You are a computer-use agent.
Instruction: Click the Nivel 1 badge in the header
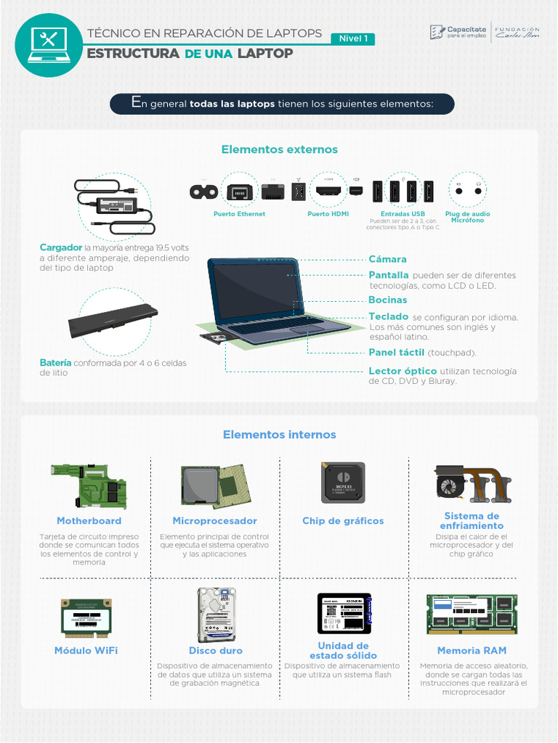click(353, 38)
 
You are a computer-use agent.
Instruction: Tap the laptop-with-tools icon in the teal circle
click(49, 43)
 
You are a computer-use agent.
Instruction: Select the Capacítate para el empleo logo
click(458, 32)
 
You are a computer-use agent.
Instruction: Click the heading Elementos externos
click(279, 149)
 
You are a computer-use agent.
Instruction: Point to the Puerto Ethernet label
click(239, 214)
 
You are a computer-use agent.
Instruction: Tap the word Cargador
click(60, 248)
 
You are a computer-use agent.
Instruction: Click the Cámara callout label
click(387, 259)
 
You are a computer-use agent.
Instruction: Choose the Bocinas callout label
click(387, 300)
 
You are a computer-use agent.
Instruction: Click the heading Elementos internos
click(279, 435)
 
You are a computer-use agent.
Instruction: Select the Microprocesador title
click(214, 521)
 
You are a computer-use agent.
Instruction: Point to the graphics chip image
click(343, 483)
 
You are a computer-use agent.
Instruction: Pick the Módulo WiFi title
click(86, 651)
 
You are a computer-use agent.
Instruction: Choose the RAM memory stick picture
click(472, 614)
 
